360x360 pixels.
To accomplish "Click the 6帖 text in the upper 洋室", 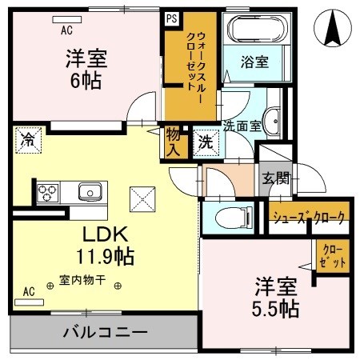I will (x=86, y=80).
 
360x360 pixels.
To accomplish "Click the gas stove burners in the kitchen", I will (x=46, y=193).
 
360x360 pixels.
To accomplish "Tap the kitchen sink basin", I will (x=89, y=192).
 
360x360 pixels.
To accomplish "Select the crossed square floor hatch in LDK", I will (x=142, y=195).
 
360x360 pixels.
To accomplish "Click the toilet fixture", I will (x=234, y=215).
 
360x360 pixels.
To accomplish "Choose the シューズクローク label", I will (x=308, y=217).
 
